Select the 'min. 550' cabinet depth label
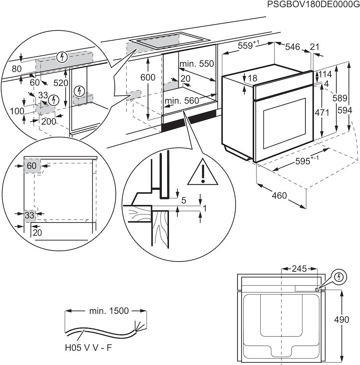196,64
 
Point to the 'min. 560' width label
182,100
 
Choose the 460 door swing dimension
279,196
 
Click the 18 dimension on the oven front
252,78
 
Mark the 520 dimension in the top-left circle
60,83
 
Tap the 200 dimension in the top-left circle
48,121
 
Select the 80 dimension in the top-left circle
17,69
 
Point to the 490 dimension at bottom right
350,319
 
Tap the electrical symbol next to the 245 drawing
339,277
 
